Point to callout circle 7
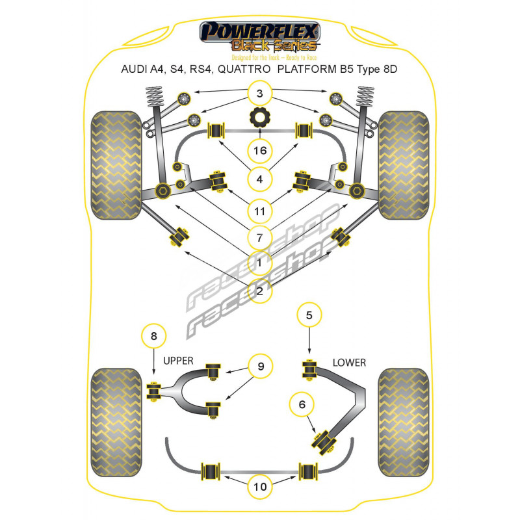tap(260, 237)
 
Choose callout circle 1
tap(260, 263)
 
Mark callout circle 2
tap(260, 291)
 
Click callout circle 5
tap(309, 316)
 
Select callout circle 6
tap(302, 404)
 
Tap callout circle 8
tap(153, 335)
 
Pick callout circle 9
tap(260, 367)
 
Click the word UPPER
tap(178, 360)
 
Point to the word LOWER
tap(349, 363)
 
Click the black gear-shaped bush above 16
tap(260, 121)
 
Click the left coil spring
tap(151, 100)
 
